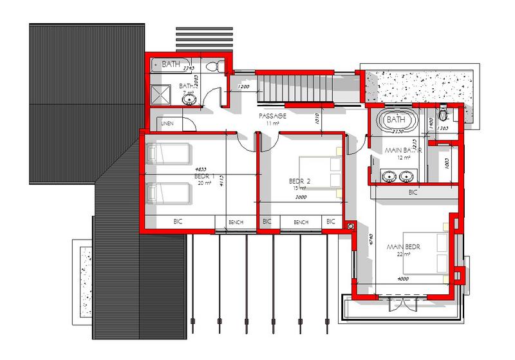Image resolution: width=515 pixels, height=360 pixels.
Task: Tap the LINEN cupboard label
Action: (167, 122)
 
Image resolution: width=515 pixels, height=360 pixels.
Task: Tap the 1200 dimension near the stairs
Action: (243, 86)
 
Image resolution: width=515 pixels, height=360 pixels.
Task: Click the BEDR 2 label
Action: (299, 182)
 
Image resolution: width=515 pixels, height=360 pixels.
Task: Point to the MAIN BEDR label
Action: (403, 247)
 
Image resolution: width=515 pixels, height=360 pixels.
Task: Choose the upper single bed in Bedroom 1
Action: (170, 154)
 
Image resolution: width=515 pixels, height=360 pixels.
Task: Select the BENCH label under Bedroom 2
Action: (301, 222)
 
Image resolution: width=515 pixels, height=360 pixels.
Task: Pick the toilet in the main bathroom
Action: (442, 113)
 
